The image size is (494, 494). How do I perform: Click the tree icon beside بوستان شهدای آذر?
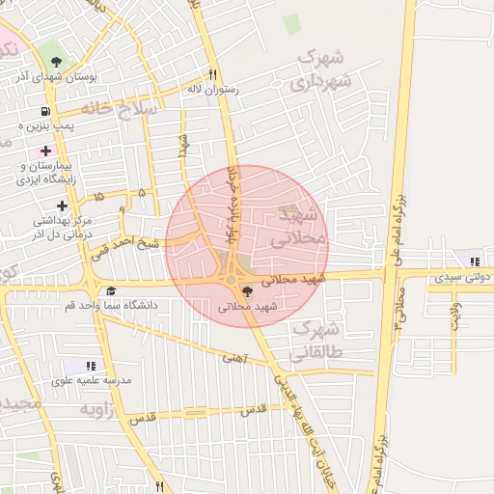pyautogui.click(x=58, y=63)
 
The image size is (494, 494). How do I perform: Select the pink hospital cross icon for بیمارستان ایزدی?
pyautogui.click(x=45, y=151)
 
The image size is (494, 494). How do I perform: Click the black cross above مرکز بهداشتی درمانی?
pyautogui.click(x=63, y=206)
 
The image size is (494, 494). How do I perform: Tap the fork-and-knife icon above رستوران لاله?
pyautogui.click(x=212, y=75)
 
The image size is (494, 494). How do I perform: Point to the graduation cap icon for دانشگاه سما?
pyautogui.click(x=111, y=291)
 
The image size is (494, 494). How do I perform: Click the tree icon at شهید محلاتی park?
pyautogui.click(x=248, y=291)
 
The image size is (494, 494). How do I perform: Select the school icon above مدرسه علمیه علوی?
pyautogui.click(x=90, y=367)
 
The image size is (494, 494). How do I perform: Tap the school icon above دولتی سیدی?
pyautogui.click(x=473, y=261)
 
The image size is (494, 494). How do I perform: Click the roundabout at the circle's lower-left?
pyautogui.click(x=233, y=280)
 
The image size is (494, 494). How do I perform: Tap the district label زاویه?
pyautogui.click(x=96, y=410)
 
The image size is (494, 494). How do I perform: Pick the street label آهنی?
pyautogui.click(x=233, y=358)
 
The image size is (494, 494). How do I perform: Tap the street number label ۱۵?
pyautogui.click(x=99, y=197)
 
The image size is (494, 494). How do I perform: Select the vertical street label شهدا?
pyautogui.click(x=181, y=145)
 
